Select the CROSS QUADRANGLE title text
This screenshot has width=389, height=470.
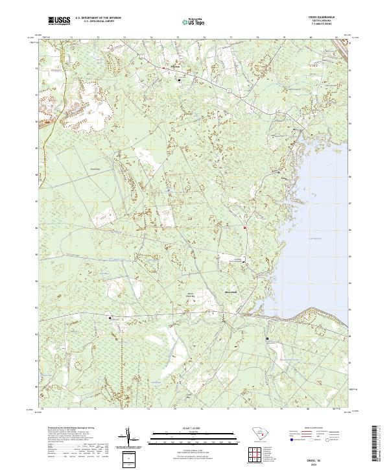[321, 18]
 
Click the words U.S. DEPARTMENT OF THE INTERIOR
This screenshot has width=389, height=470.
[95, 18]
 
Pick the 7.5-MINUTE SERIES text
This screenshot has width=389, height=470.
[321, 25]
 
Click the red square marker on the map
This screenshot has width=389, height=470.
[244, 228]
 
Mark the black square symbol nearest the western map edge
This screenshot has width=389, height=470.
[110, 318]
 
